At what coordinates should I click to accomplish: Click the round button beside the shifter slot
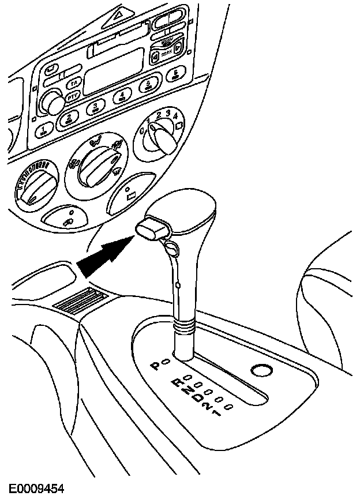coord(262,370)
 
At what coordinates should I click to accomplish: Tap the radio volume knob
coord(54,104)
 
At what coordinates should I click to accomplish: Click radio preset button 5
coord(148,85)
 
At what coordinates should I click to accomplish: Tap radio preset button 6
coord(177,74)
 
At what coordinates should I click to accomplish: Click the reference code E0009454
coord(36,489)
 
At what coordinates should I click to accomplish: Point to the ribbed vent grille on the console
coord(80,300)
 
